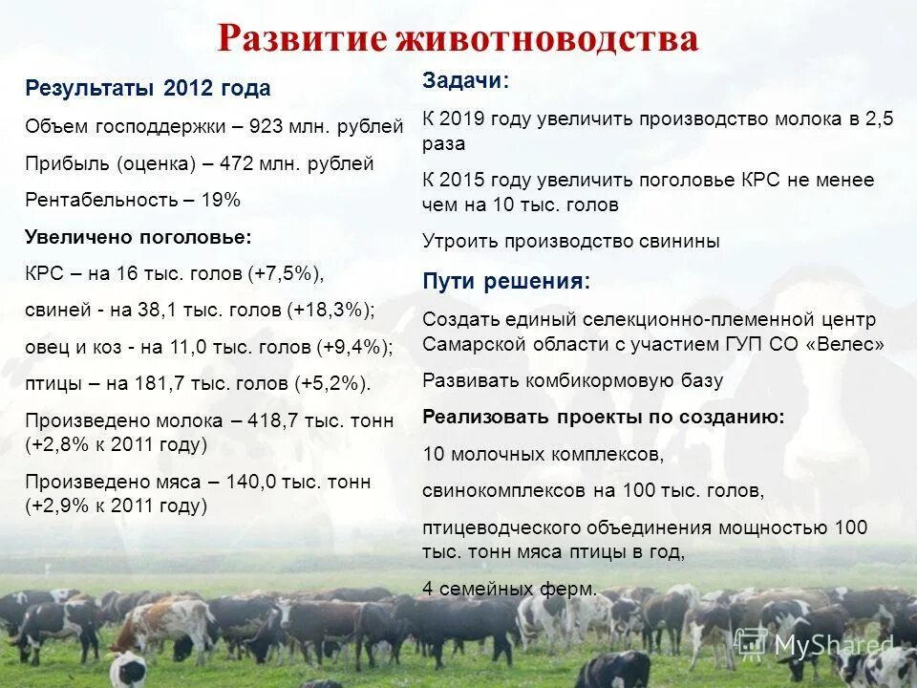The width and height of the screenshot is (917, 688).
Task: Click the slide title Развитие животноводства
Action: [x=458, y=38]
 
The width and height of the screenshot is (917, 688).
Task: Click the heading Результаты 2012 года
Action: [x=148, y=89]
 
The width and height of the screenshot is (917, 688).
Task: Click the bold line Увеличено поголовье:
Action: [x=139, y=236]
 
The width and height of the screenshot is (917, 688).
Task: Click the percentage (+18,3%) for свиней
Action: [x=330, y=310]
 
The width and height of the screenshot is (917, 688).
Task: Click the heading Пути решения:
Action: [x=506, y=281]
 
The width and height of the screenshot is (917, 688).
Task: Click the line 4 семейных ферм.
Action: [x=510, y=589]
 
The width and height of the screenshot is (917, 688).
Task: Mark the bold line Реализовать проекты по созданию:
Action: [x=604, y=417]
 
